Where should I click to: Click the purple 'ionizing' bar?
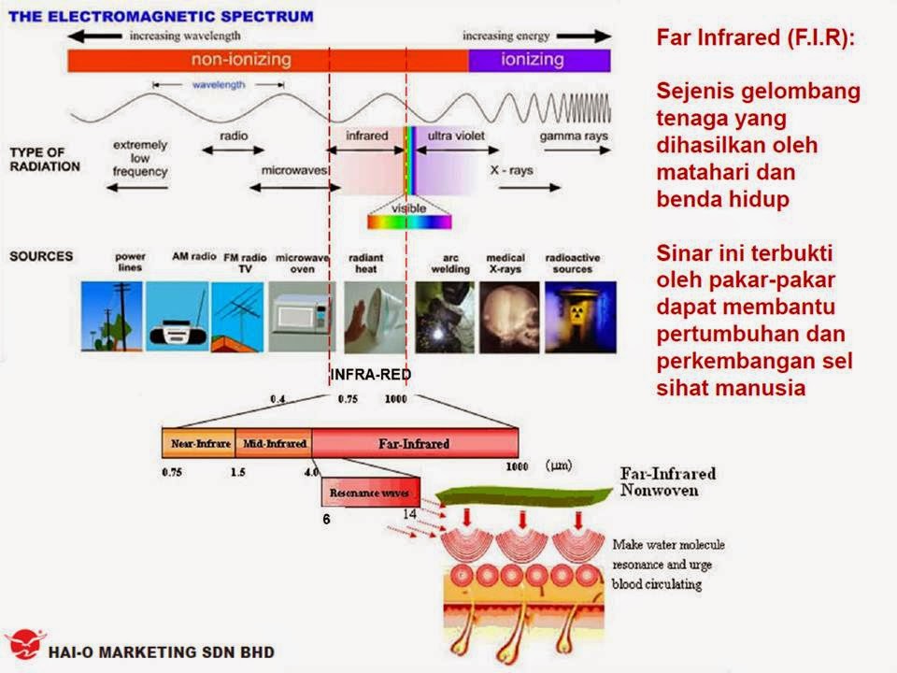point(539,61)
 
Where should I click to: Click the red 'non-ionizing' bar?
point(267,61)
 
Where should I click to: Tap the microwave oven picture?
point(302,315)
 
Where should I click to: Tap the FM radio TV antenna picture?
point(237,315)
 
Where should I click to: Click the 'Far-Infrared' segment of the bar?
point(415,443)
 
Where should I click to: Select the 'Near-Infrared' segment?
point(197,443)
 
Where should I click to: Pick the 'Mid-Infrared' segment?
point(273,443)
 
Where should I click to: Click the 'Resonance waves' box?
point(370,493)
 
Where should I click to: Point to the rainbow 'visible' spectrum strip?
point(408,222)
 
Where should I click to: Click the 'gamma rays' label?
point(574,136)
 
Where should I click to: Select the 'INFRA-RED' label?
point(371,374)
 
